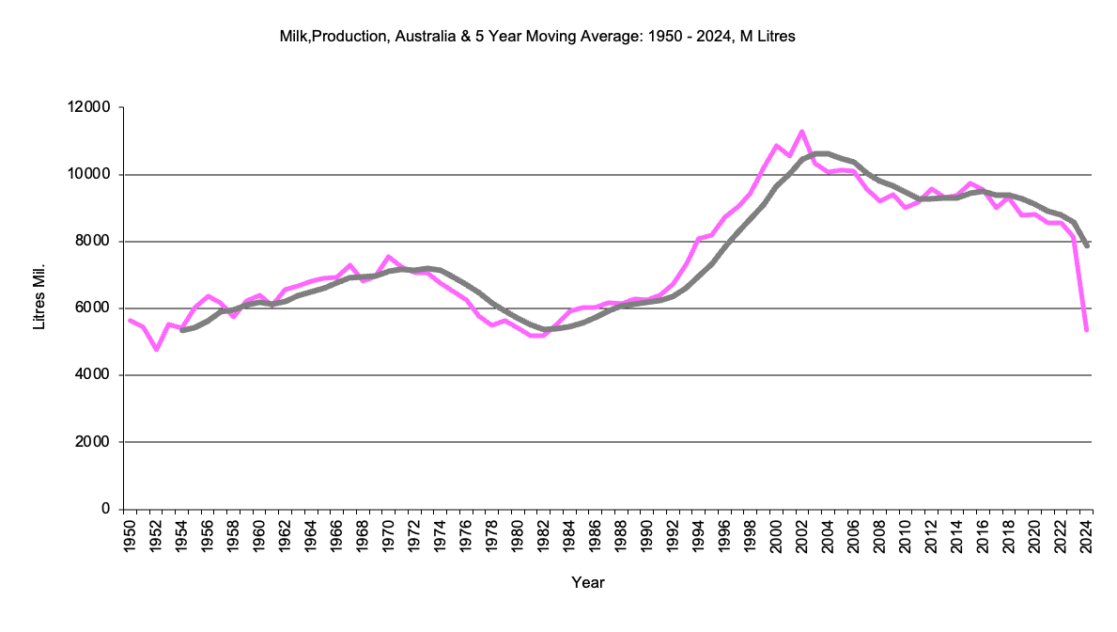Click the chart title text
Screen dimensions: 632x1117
537,36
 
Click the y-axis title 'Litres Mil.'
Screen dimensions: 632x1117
39,299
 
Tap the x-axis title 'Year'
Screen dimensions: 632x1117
588,583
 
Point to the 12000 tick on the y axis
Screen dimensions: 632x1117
91,108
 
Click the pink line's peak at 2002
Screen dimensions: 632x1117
801,132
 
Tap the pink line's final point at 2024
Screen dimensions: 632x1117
1086,330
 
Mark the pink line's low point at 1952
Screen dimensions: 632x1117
156,350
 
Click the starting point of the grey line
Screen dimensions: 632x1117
181,330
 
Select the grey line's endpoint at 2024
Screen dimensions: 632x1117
1086,246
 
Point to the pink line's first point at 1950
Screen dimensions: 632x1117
130,321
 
